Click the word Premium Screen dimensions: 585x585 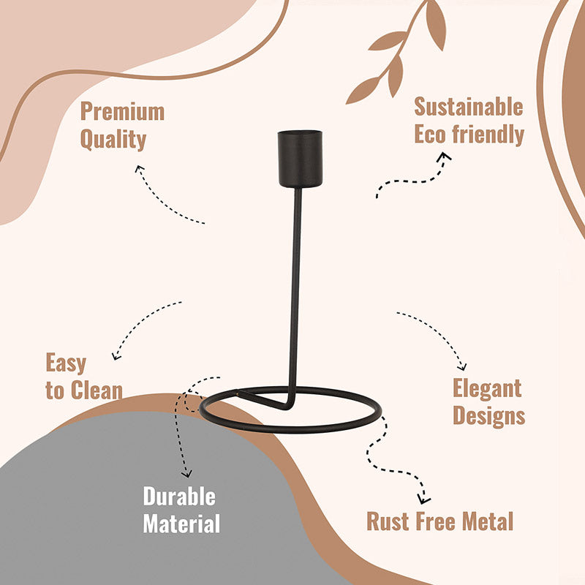coord(122,112)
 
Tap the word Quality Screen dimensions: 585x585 coord(113,140)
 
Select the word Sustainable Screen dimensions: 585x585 coord(469,107)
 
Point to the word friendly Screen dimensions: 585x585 coord(488,135)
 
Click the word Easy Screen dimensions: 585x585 coord(66,363)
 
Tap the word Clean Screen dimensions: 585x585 coord(97,390)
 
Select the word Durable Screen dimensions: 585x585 coord(179,497)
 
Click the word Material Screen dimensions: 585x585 coord(181,524)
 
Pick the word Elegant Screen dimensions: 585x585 coord(487,388)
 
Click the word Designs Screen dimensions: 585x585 coord(488,416)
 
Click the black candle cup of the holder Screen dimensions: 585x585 coord(300,159)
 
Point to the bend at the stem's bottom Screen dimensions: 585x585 coord(288,406)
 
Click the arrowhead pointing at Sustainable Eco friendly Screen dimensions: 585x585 coord(444,156)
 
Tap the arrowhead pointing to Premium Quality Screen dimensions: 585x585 coord(139,169)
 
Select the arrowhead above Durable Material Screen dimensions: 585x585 coord(186,474)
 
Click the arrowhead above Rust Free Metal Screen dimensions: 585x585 coord(423,499)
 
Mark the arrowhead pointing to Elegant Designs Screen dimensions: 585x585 coord(463,367)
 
